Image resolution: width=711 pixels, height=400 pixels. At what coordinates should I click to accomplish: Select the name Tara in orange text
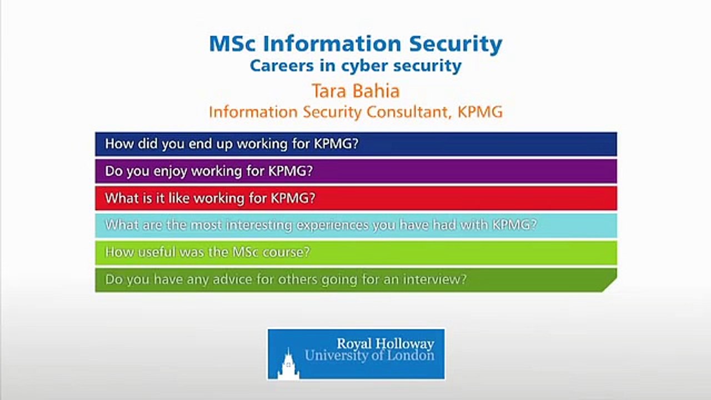click(329, 91)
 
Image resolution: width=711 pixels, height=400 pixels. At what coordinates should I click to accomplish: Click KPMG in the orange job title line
click(480, 112)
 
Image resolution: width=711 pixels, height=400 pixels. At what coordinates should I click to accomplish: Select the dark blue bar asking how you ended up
click(355, 144)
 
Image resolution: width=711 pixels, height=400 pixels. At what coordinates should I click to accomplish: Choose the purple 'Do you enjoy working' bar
click(355, 171)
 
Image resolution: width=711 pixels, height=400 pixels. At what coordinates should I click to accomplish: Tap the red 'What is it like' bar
click(355, 198)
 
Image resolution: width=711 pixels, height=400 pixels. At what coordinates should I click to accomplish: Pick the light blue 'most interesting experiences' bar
click(355, 225)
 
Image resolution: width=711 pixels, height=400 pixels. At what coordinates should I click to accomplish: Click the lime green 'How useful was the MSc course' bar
click(355, 252)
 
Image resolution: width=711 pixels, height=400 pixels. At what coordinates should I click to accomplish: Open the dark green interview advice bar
click(355, 279)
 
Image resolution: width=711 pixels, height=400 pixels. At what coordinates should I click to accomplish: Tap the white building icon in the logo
click(288, 364)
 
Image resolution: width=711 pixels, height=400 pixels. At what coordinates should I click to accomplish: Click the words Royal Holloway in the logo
click(385, 343)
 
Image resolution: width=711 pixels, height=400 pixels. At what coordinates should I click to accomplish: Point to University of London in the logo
click(369, 356)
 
